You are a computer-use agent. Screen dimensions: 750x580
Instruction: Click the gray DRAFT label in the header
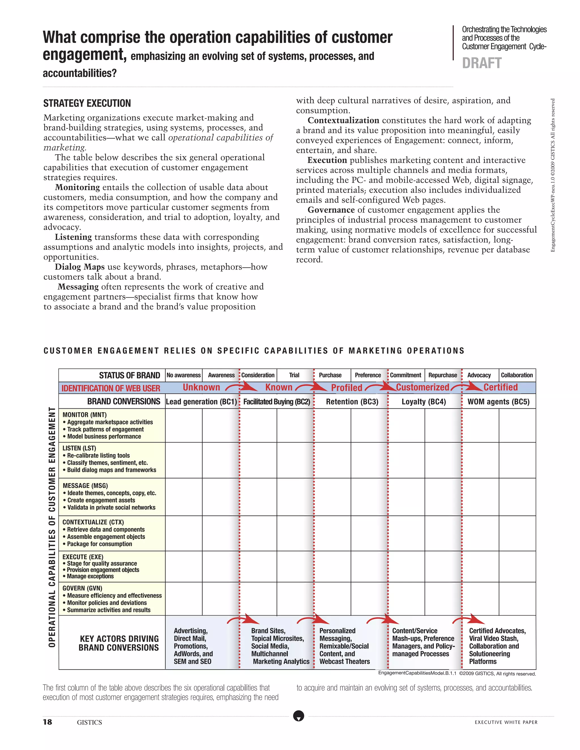tap(481, 63)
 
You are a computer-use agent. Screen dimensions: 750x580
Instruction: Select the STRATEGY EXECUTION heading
tap(87, 103)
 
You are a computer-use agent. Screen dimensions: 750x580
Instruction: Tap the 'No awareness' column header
tap(184, 375)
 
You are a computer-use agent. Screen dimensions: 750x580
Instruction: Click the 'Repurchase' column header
tap(443, 375)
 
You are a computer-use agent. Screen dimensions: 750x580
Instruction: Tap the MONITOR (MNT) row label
tap(84, 415)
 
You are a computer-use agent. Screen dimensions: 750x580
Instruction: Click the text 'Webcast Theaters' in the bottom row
tap(345, 661)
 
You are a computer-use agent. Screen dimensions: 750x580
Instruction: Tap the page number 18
tap(47, 722)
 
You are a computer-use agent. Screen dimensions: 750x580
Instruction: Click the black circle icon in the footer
tap(298, 716)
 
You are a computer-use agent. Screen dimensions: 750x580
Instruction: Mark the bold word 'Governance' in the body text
tap(331, 210)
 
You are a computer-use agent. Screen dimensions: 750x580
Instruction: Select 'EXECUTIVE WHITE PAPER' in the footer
tap(506, 722)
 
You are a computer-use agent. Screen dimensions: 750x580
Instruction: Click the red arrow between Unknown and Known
tap(242, 387)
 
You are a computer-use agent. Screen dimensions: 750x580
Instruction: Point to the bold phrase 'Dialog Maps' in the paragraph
tap(80, 267)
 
